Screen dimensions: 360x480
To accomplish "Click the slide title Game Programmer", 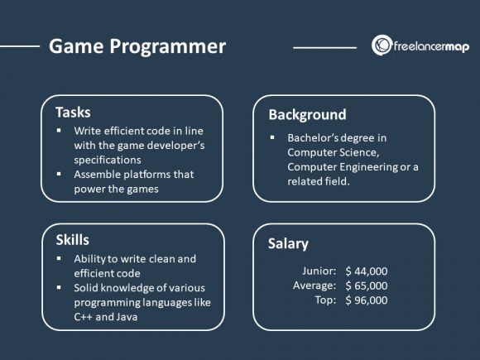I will [x=137, y=46].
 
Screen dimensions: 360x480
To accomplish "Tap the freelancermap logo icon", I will [x=382, y=46].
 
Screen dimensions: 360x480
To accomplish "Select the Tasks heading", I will [x=73, y=113].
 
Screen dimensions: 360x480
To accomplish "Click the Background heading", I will [x=307, y=114].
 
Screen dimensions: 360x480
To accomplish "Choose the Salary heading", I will [x=288, y=243].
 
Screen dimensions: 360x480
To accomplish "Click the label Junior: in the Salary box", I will [x=318, y=271].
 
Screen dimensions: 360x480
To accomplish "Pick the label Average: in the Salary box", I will [x=314, y=286].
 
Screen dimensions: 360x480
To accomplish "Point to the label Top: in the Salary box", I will [x=324, y=300].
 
